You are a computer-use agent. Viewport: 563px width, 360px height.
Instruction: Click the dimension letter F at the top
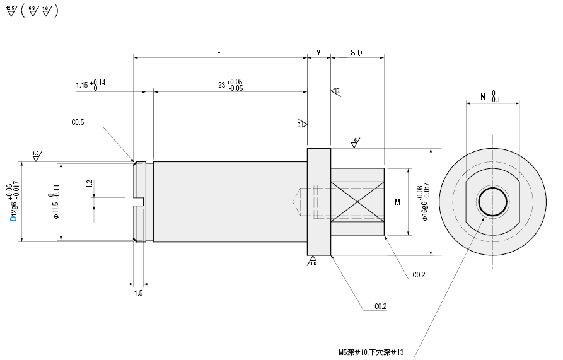coord(219,53)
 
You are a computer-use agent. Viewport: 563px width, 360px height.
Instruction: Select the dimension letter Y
coord(318,53)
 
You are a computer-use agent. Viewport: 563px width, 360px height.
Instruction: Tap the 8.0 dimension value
coord(356,53)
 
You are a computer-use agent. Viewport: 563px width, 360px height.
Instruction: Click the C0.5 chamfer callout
coord(79,123)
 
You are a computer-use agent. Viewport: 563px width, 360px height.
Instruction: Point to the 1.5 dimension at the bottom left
coord(139,293)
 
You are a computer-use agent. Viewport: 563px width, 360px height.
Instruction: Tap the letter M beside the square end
coord(397,202)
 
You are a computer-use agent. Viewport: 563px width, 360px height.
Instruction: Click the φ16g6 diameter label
coord(426,203)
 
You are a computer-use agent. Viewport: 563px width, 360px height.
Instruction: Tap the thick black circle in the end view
coord(492,202)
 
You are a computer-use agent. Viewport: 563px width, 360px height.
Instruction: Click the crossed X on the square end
coord(356,202)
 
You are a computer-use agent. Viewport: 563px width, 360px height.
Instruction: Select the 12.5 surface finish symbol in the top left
coord(10,12)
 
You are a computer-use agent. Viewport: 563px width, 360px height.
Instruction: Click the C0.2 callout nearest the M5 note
coord(380,306)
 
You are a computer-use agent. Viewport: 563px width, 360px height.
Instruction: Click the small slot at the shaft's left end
coord(139,202)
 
